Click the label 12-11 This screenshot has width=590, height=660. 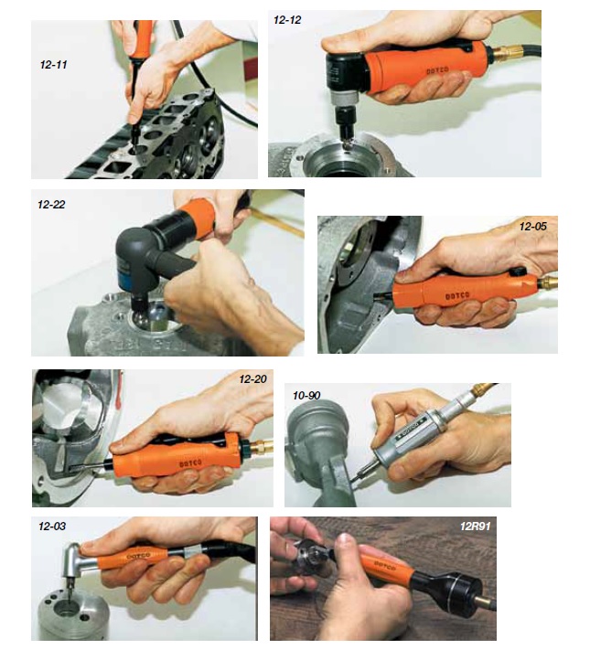(53, 65)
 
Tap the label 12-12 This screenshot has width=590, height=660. (287, 20)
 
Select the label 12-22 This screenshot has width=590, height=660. (51, 205)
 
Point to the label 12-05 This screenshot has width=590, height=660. (532, 227)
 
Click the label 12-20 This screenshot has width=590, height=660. (252, 379)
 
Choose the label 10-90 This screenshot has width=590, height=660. (306, 396)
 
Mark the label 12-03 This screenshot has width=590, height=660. (52, 527)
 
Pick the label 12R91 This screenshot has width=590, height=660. (476, 527)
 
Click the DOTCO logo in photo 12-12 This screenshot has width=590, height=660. (437, 70)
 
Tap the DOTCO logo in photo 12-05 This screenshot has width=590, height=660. (457, 296)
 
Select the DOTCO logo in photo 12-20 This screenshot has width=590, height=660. (190, 463)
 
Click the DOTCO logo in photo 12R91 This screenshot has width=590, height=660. (385, 565)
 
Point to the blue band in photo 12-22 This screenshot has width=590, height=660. (125, 270)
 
